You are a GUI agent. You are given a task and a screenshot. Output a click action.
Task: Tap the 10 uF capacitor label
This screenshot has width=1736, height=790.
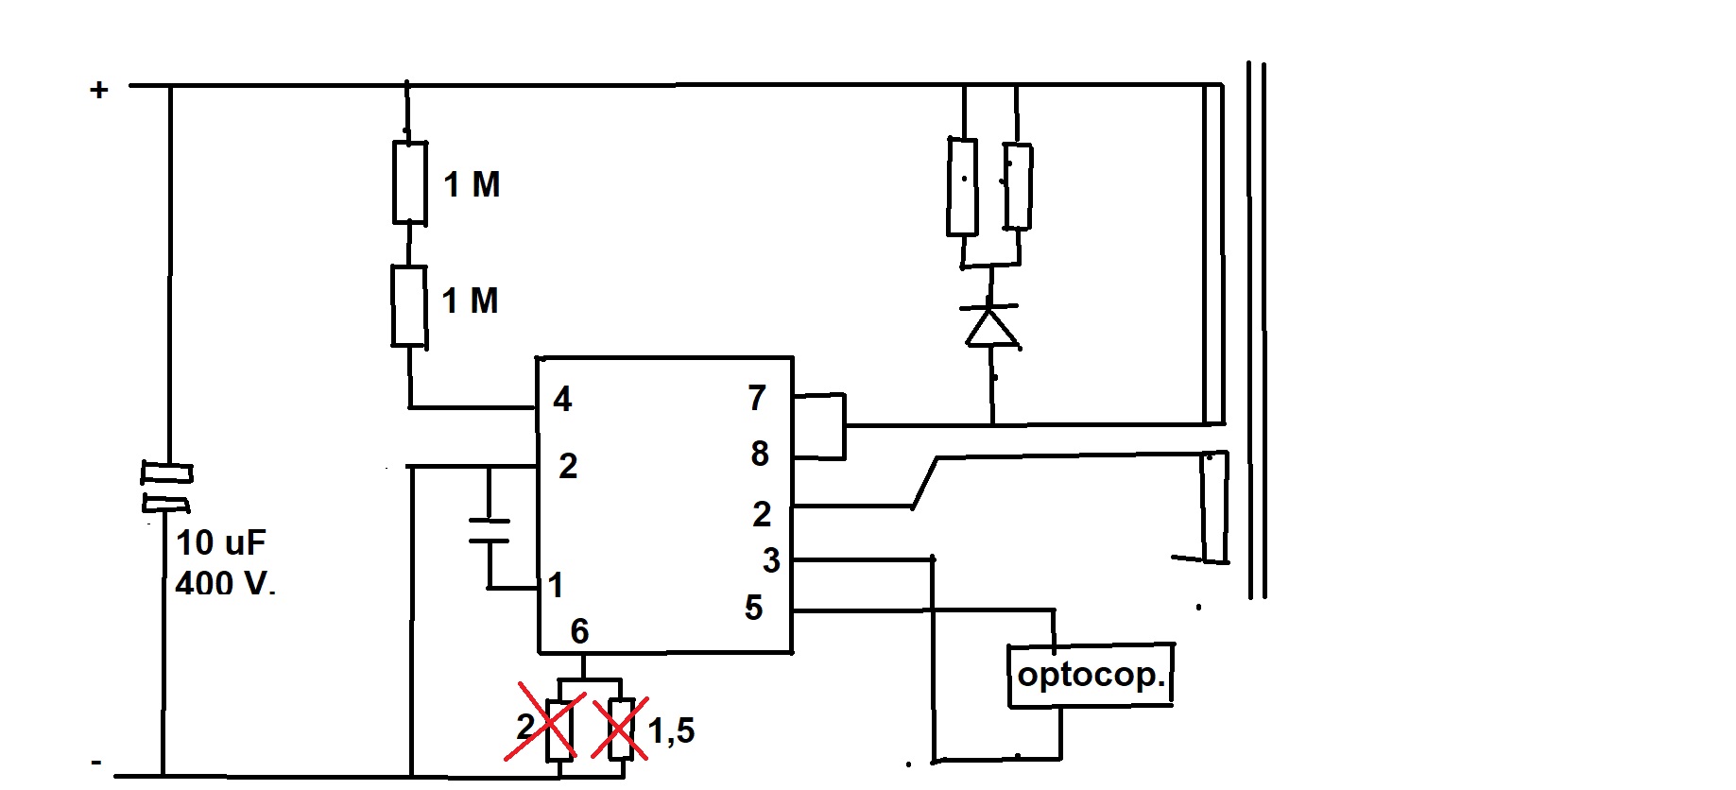[221, 542]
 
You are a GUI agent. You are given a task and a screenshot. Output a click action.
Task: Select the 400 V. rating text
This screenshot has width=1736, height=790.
[225, 583]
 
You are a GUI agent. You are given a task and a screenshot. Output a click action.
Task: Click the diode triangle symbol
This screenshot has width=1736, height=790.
[990, 326]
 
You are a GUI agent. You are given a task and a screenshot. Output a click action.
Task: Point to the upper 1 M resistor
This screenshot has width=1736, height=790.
[410, 183]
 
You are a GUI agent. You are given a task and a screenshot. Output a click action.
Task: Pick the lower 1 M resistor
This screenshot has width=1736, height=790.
[409, 306]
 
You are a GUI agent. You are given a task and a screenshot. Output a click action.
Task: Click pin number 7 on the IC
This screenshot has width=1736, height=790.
[757, 398]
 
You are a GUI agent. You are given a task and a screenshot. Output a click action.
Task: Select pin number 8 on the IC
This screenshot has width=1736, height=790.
[760, 454]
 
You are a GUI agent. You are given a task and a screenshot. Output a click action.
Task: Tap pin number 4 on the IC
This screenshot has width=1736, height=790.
[562, 399]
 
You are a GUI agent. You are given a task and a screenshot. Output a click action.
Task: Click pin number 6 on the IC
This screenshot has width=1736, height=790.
[579, 631]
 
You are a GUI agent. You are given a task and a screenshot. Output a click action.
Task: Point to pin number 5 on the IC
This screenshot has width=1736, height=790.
[753, 608]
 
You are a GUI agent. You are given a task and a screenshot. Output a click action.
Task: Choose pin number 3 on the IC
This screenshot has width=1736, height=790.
[771, 560]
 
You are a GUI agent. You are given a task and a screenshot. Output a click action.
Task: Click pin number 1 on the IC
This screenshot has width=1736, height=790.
[556, 585]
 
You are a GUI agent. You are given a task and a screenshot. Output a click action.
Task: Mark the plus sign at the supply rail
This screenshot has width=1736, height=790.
[99, 90]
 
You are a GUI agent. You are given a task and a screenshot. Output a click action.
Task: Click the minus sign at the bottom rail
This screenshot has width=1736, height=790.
[96, 761]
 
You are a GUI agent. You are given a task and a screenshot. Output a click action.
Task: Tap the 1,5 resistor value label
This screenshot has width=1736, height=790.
[671, 730]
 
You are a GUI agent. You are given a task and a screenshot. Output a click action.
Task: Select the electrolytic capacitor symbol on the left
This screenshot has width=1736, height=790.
[167, 486]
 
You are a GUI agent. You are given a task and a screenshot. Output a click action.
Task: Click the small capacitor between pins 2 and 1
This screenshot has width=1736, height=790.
[489, 531]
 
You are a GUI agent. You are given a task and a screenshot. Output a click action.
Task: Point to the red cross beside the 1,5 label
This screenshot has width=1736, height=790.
[620, 728]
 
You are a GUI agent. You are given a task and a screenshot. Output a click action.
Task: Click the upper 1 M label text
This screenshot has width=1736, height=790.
[472, 184]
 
